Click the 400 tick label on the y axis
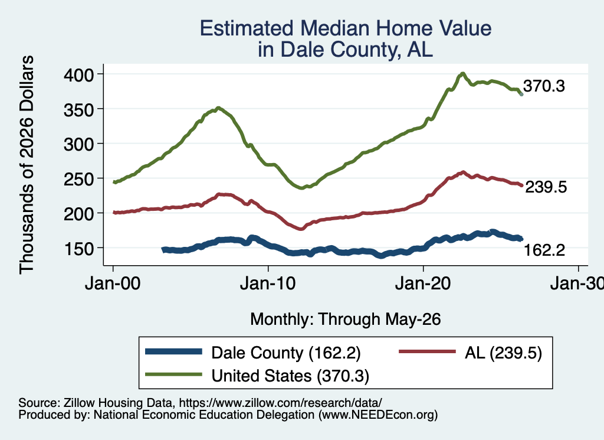click(78, 75)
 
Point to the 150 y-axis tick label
click(78, 249)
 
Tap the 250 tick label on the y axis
click(78, 180)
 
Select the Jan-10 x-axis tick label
click(268, 283)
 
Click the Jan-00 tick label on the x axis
click(113, 283)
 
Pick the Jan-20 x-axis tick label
click(423, 283)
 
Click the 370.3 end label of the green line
click(544, 86)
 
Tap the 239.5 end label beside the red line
click(546, 187)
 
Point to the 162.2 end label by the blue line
click(544, 250)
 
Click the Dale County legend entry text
click(286, 353)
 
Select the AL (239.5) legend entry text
click(504, 353)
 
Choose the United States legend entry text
click(290, 376)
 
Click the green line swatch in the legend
click(174, 374)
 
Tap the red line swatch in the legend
click(427, 351)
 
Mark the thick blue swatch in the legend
click(174, 351)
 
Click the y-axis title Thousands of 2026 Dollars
click(27, 165)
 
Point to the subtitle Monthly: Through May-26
click(346, 320)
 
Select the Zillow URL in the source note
click(281, 403)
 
